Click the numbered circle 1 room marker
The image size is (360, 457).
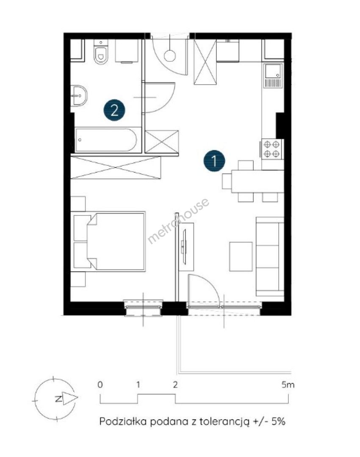click(x=214, y=161)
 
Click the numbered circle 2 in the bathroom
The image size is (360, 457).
click(x=114, y=110)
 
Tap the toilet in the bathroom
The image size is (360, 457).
click(x=101, y=52)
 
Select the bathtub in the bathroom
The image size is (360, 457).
click(x=106, y=140)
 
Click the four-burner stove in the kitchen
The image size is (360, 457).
click(x=271, y=149)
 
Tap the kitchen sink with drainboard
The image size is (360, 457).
click(x=273, y=75)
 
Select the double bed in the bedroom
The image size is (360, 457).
click(x=109, y=241)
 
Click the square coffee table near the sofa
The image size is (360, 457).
click(x=241, y=256)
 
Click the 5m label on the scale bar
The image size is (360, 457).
click(x=288, y=385)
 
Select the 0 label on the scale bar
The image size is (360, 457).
click(x=100, y=385)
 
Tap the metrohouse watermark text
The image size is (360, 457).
click(x=178, y=220)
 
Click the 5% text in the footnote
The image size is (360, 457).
click(x=278, y=421)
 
